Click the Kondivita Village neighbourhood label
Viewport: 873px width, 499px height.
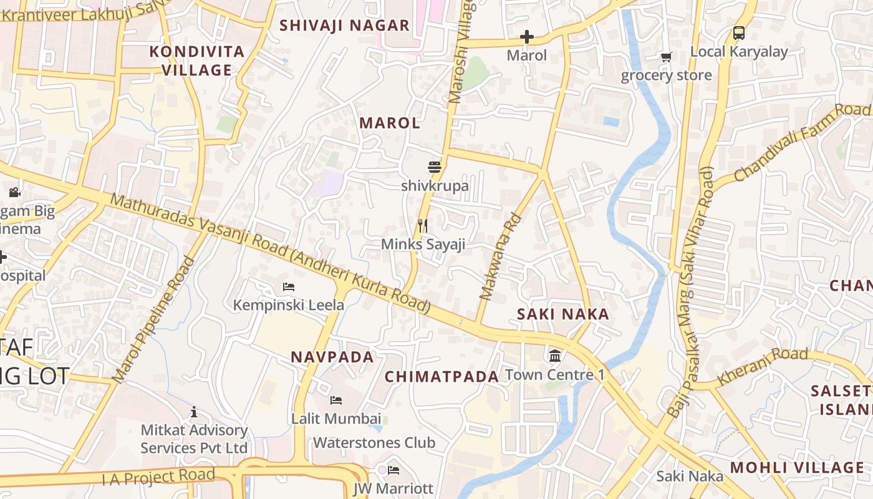(x=196, y=61)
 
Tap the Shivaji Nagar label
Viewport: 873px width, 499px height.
(x=344, y=26)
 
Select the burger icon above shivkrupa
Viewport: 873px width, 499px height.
(x=435, y=167)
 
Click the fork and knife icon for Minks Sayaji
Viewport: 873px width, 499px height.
(x=423, y=226)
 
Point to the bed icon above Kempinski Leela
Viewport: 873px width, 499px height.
(x=289, y=287)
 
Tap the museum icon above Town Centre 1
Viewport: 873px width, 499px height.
(x=554, y=356)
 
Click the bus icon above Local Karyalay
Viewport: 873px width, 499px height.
(x=739, y=33)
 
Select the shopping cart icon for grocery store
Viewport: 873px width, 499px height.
(x=666, y=57)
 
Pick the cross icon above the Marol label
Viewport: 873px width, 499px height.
(x=527, y=37)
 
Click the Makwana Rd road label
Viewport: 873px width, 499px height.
(x=499, y=258)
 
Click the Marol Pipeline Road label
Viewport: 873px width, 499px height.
(x=153, y=319)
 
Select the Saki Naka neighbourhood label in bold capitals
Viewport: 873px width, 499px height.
(x=563, y=314)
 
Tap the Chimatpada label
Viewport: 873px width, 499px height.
(x=441, y=377)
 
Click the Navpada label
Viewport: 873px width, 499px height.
(x=332, y=357)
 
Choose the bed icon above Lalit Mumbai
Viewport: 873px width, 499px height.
(x=336, y=400)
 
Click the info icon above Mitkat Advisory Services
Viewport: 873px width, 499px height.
(x=194, y=412)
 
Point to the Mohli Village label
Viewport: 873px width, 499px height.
(x=797, y=468)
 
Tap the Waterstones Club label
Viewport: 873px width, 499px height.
(x=374, y=443)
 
